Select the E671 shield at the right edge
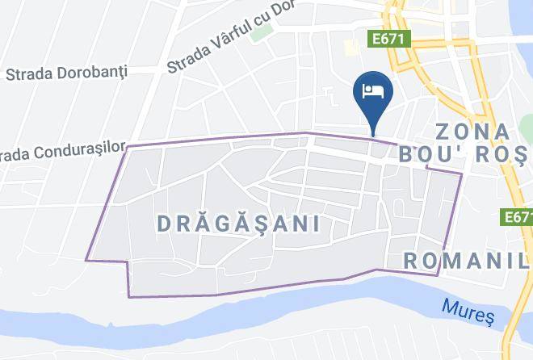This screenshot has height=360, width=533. (x=517, y=217)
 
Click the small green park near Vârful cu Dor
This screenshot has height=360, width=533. (x=261, y=33)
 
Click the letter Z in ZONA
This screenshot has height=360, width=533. (x=443, y=131)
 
